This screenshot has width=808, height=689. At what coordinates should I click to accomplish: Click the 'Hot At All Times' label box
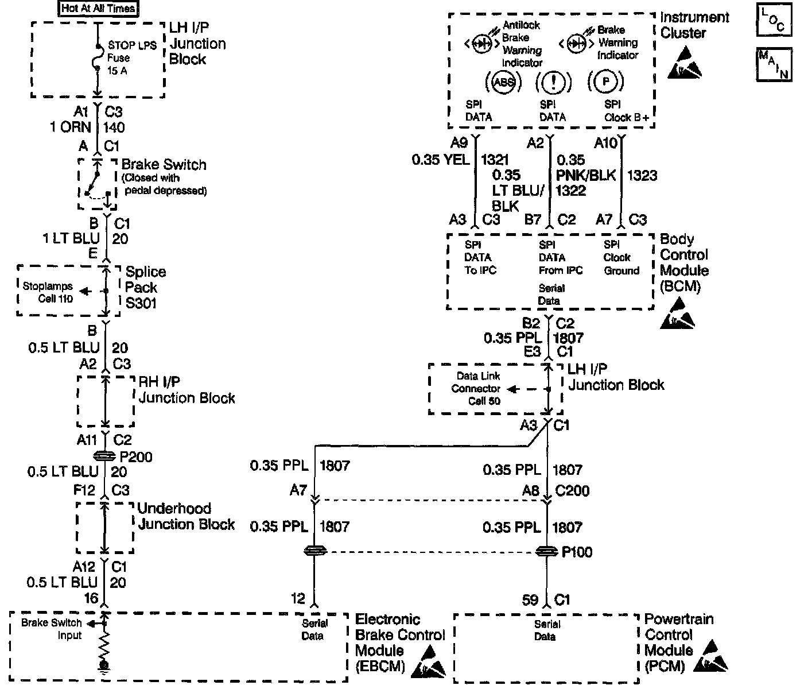point(99,9)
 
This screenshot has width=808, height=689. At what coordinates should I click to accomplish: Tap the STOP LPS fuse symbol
point(98,57)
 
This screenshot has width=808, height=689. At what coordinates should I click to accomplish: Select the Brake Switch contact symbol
point(96,184)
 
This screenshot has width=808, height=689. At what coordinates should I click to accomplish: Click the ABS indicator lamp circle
point(504,82)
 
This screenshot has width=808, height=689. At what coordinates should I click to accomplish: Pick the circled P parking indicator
point(605,82)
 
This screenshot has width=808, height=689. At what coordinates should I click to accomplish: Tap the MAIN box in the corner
point(774,64)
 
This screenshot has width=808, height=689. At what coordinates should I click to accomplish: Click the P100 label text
point(577,552)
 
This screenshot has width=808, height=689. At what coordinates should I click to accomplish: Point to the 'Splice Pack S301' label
point(145,287)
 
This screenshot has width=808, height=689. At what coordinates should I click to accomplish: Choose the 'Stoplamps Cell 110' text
point(47,292)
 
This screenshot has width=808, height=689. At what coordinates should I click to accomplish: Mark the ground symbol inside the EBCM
point(104,666)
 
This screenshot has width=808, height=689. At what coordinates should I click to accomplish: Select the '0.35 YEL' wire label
point(440,160)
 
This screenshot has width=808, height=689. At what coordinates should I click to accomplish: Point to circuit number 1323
point(642,175)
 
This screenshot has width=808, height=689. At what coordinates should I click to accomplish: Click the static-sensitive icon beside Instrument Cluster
point(685,62)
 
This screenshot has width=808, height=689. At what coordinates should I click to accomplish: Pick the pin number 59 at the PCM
point(530,600)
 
